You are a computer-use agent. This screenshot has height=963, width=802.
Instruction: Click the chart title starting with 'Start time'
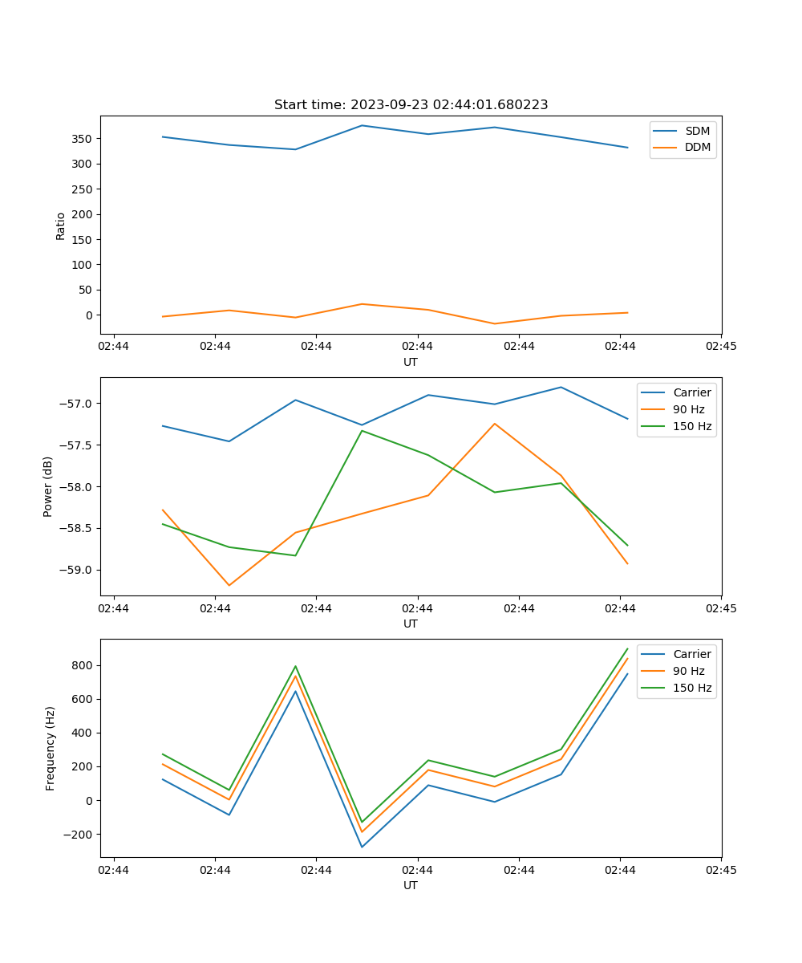pos(411,105)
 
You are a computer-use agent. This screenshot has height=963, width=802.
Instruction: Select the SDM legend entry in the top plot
pos(697,131)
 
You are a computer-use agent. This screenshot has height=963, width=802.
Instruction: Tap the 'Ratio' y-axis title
pos(61,226)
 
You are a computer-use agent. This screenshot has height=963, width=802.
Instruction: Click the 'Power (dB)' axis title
pos(48,486)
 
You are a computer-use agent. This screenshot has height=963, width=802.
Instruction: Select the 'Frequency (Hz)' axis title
pos(51,748)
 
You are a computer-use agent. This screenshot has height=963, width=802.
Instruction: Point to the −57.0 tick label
pos(78,403)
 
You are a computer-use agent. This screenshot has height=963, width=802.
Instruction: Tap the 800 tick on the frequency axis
pos(83,665)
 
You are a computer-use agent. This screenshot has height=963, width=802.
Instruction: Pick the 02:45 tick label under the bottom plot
pos(720,869)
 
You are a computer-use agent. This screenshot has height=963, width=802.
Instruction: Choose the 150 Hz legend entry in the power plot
pos(692,426)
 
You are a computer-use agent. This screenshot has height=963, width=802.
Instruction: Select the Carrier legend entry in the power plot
pos(691,392)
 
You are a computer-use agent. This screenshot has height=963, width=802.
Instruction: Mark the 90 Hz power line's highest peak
pos(495,424)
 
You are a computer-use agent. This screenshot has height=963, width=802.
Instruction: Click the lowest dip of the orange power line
pos(229,585)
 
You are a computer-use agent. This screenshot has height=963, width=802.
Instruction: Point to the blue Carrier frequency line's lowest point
pos(362,847)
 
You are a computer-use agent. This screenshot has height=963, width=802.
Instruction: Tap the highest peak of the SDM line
pos(362,125)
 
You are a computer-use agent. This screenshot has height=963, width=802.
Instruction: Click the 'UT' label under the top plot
pos(411,362)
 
